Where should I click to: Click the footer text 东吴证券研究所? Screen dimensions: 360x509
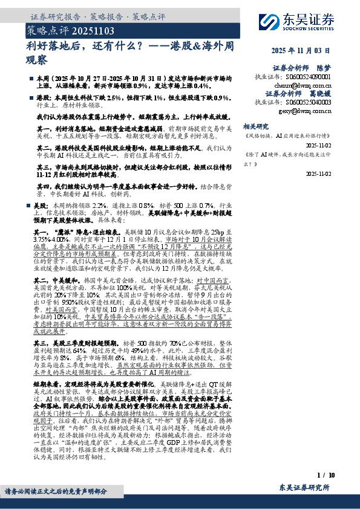coord(305,487)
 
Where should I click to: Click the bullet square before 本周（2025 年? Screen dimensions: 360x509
coord(31,79)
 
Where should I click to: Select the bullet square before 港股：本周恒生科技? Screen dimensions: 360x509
coord(31,97)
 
